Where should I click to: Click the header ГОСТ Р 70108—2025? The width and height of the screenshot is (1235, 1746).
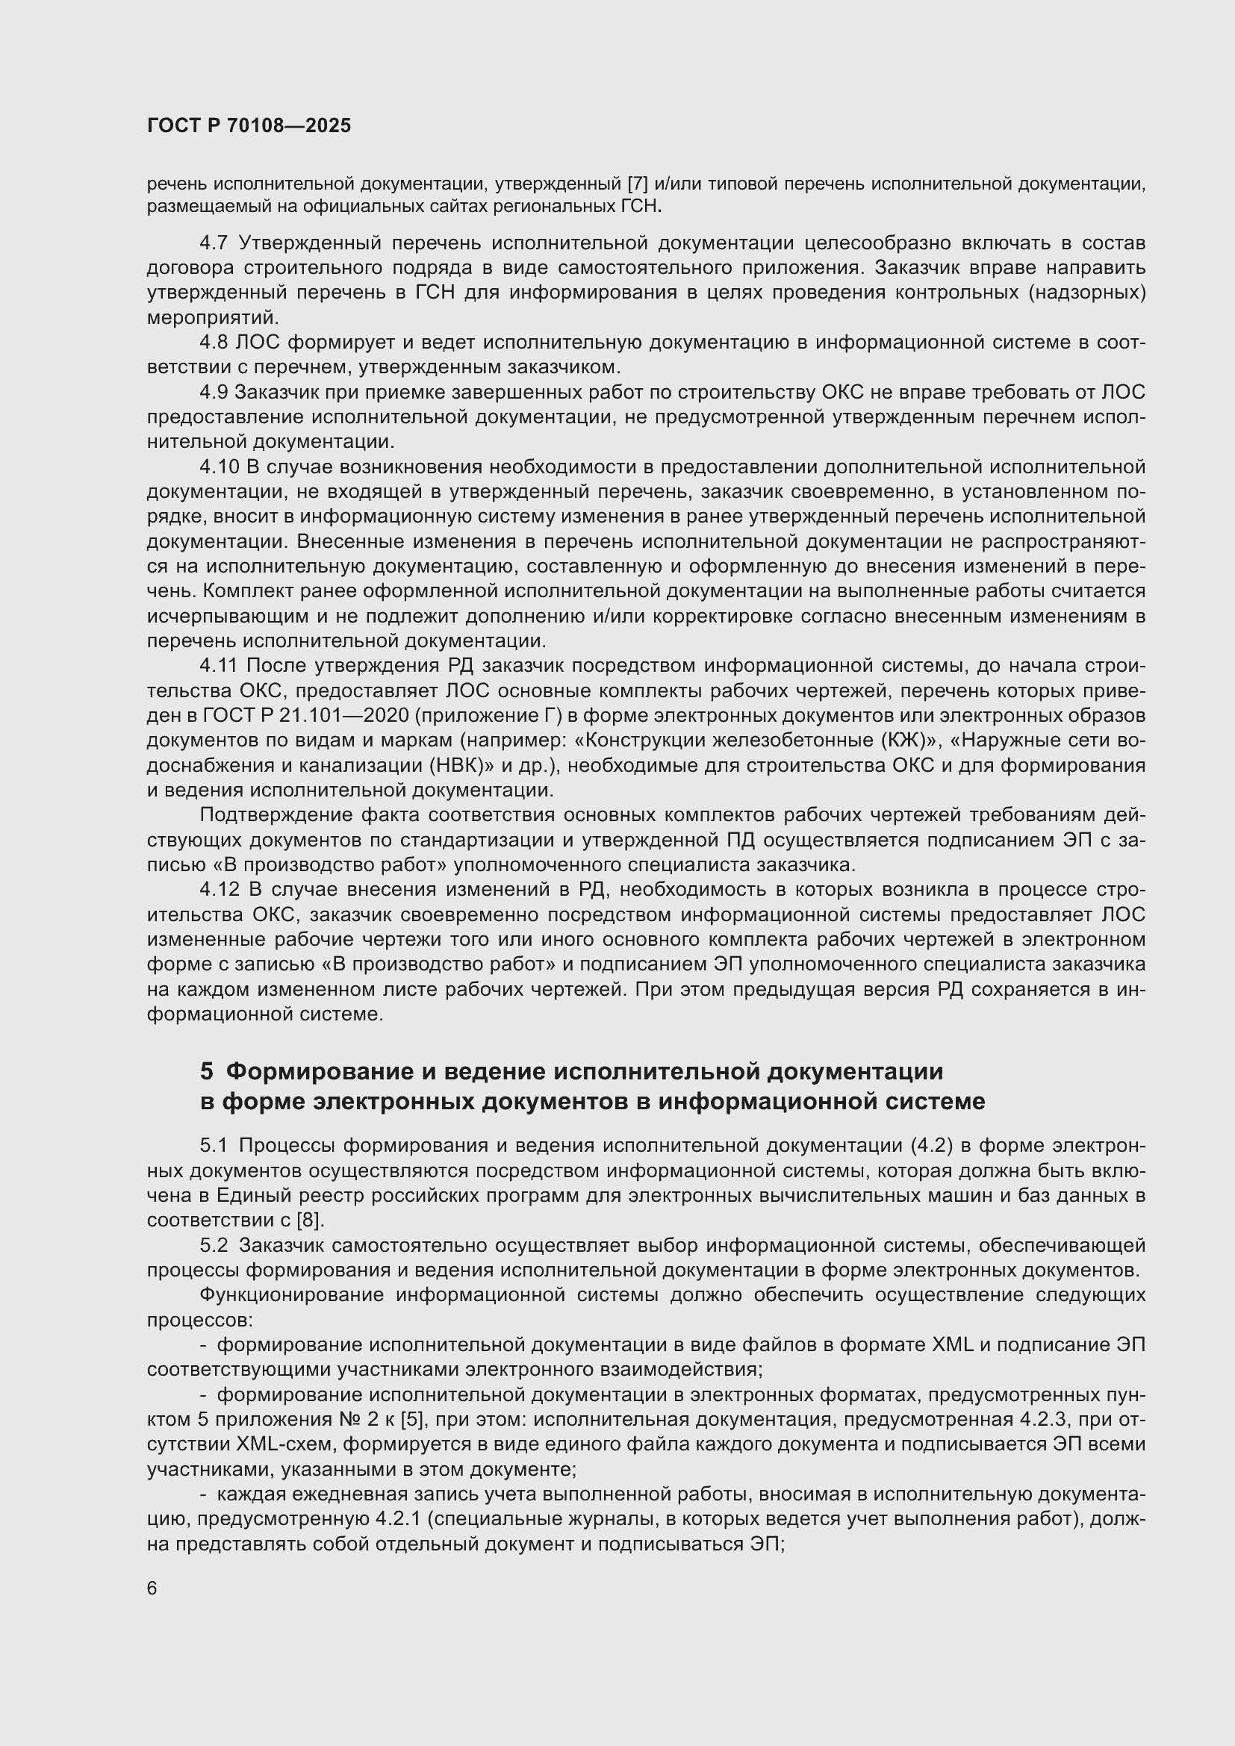(x=249, y=125)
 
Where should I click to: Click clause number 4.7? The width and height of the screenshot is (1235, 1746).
(x=214, y=243)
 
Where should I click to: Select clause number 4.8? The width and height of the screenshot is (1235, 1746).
(x=214, y=343)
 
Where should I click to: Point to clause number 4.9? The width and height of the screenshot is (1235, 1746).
(x=214, y=393)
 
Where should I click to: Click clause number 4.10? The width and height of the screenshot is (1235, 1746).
(x=219, y=467)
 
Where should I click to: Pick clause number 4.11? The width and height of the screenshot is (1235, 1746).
(x=219, y=666)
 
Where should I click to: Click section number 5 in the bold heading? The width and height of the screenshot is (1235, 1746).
(x=207, y=1071)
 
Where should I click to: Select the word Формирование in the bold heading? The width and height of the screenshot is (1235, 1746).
(x=314, y=1071)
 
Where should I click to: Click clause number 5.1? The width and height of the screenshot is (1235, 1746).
(x=214, y=1145)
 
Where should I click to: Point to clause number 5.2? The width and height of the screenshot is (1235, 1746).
(x=214, y=1245)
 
